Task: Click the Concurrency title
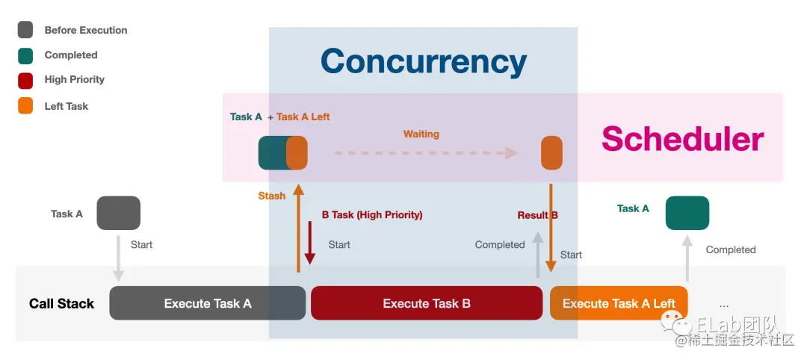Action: click(424, 62)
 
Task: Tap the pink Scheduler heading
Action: click(682, 139)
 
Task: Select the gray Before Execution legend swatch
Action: click(25, 30)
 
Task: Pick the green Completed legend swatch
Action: click(25, 55)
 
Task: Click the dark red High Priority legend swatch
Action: click(25, 80)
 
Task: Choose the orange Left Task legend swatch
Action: click(25, 106)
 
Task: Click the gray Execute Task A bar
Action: click(207, 303)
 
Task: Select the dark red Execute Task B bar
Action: click(426, 303)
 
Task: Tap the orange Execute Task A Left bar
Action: click(618, 303)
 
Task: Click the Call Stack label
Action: click(61, 303)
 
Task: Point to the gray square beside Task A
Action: click(118, 213)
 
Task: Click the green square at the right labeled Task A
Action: click(687, 213)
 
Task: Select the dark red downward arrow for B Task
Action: click(309, 243)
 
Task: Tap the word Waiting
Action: click(421, 134)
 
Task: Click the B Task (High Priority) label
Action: click(372, 215)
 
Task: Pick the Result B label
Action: click(537, 215)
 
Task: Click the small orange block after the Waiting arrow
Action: click(551, 153)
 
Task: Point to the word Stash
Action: click(272, 196)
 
